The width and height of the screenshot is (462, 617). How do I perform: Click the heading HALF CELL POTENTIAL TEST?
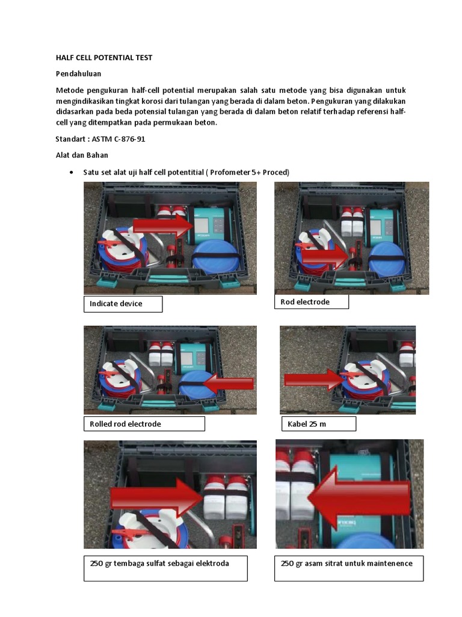tap(103, 58)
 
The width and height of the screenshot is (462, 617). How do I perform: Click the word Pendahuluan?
tap(78, 74)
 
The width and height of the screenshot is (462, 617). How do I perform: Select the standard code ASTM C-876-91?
tap(118, 139)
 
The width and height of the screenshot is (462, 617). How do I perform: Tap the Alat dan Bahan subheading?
tap(82, 155)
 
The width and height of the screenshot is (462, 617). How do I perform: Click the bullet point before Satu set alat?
tap(72, 172)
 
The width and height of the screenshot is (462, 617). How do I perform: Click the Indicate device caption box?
tap(123, 304)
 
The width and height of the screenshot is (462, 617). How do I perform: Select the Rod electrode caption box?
tap(311, 302)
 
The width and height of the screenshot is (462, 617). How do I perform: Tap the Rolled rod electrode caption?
tap(144, 424)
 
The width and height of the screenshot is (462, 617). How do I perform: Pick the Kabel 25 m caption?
tap(318, 424)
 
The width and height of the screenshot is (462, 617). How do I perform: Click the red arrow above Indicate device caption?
tap(161, 225)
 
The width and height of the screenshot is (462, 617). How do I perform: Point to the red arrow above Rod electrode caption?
tap(325, 256)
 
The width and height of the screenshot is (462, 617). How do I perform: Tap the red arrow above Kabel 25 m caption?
tap(313, 379)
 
